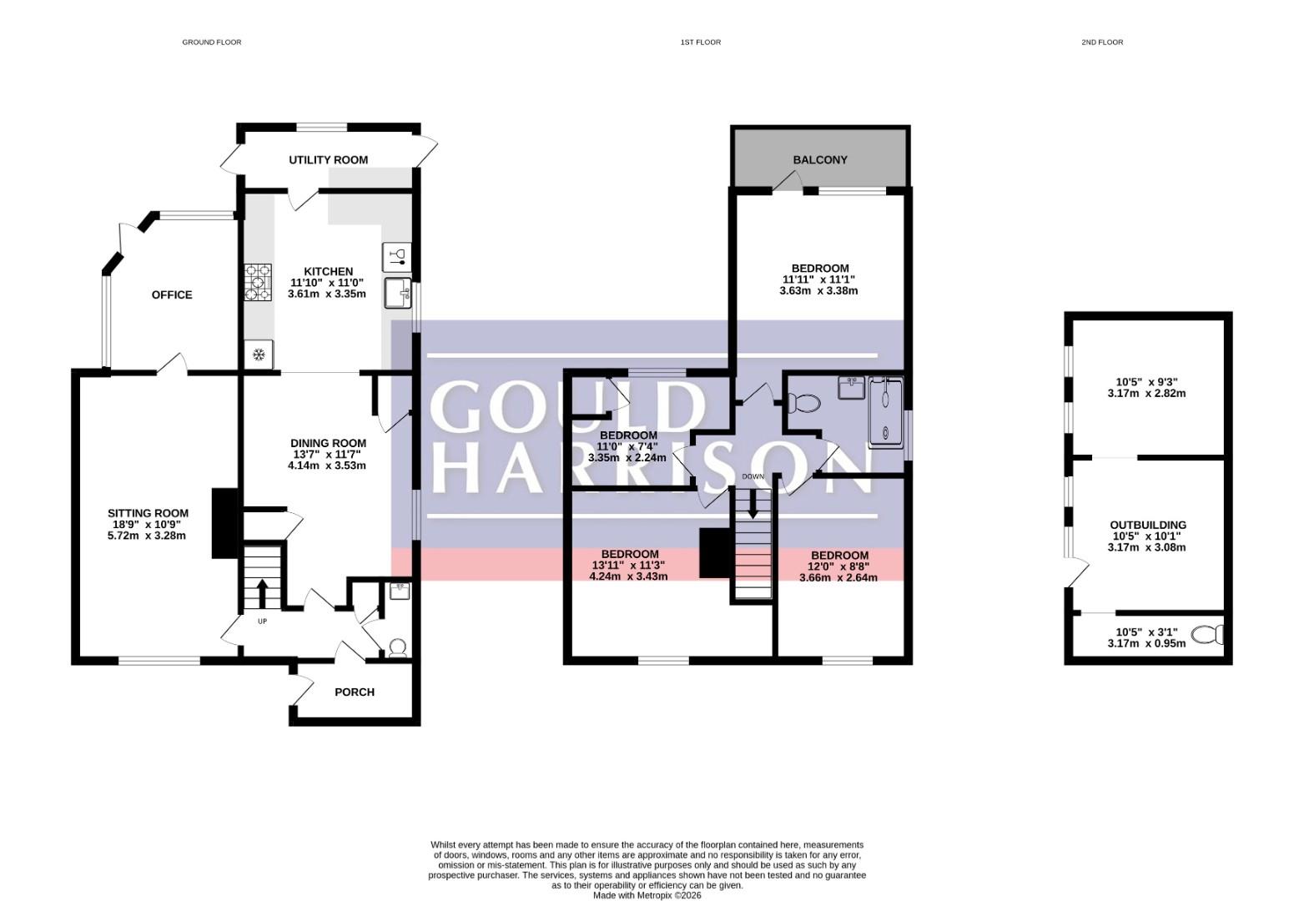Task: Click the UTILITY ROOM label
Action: pos(329,159)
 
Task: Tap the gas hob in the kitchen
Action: pos(258,282)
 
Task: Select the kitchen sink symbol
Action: pos(398,292)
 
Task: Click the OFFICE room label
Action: pos(172,295)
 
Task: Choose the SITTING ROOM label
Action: pos(148,513)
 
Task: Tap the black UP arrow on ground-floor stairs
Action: pos(262,593)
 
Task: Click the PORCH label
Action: pos(355,692)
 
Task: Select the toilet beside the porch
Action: pos(398,648)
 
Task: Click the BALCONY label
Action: pos(819,159)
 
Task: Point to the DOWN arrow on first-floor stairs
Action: pos(753,504)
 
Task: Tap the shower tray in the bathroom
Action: pos(886,413)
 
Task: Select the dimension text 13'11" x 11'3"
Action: pos(628,565)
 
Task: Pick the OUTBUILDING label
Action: pos(1147,525)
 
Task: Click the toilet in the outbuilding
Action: pos(1207,634)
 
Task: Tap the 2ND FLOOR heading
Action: pos(1102,42)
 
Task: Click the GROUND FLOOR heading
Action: pos(212,42)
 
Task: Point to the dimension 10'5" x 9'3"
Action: pos(1146,382)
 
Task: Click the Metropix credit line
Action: pos(647,895)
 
